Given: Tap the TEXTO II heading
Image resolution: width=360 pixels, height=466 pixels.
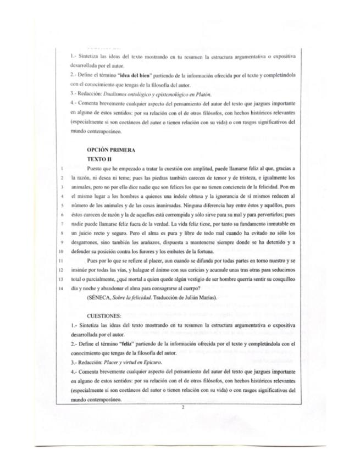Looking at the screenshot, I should tap(99, 158).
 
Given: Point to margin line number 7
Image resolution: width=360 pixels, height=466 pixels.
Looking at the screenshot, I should tap(64, 226).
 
